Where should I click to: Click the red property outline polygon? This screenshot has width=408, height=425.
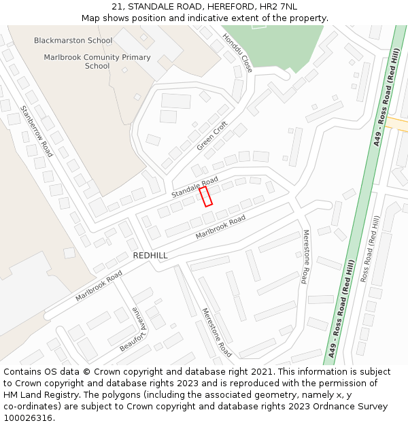[205, 196]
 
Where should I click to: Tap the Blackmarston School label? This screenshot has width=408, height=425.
[73, 41]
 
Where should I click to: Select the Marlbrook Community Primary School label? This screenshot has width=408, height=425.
[97, 62]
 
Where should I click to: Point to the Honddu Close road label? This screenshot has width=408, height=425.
[238, 54]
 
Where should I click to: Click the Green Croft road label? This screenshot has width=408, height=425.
[212, 136]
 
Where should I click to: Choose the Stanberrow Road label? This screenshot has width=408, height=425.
[36, 131]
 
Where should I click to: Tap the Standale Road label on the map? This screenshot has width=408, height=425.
[194, 187]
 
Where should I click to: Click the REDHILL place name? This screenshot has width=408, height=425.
[150, 256]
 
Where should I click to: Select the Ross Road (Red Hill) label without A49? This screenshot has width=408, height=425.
[371, 249]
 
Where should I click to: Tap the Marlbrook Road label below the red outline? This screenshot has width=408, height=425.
[220, 227]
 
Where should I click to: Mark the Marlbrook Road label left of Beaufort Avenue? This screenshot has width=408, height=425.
[99, 286]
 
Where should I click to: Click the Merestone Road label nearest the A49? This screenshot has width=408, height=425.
[305, 256]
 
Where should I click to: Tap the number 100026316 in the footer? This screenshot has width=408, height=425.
[29, 418]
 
